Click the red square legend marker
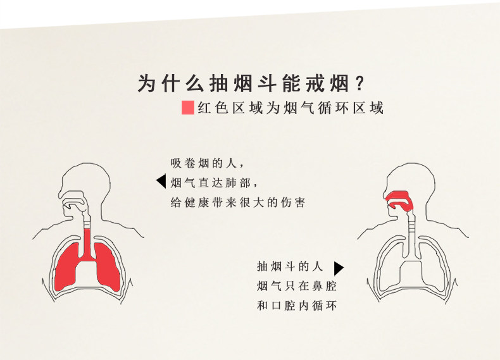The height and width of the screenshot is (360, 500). [x=187, y=108]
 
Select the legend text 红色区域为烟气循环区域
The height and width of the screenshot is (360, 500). [x=290, y=108]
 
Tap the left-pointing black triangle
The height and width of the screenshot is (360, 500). [x=161, y=182]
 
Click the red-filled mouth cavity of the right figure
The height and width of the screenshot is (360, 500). [x=398, y=200]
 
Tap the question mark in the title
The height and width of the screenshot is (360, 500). [x=361, y=83]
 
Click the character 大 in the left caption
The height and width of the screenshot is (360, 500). [x=263, y=202]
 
